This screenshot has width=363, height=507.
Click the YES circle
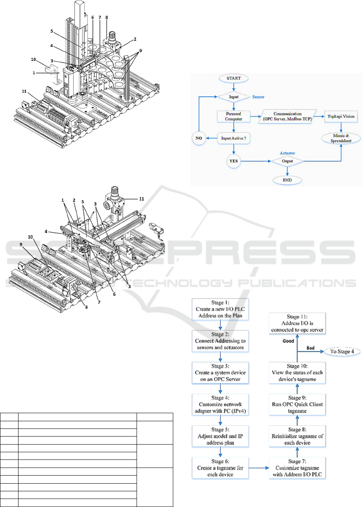click(x=233, y=161)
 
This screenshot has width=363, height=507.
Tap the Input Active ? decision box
click(x=234, y=137)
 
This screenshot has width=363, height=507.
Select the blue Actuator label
click(x=287, y=153)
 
